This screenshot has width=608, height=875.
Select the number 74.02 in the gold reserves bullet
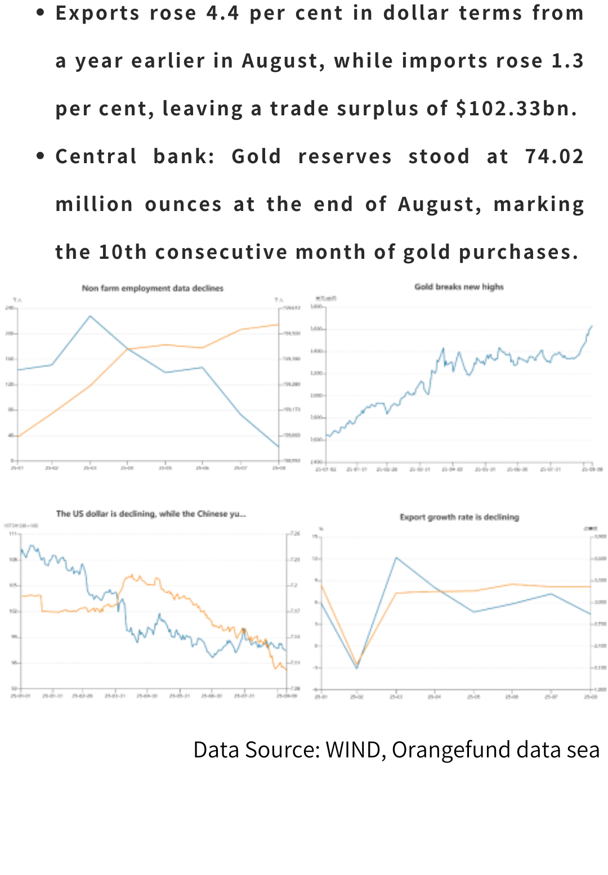point(555,156)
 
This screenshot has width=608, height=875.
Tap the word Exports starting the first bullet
point(97,13)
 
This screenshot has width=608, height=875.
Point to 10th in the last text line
point(123,252)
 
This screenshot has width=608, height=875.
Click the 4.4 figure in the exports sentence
point(223,13)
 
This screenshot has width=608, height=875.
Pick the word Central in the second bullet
point(96,156)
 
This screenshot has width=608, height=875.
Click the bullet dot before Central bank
point(40,156)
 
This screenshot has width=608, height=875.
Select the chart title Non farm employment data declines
point(153,288)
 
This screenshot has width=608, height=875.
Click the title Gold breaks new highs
point(459,286)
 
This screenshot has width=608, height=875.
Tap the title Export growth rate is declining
point(459,517)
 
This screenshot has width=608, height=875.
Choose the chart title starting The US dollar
point(150,513)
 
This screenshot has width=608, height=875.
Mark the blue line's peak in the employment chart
point(90,316)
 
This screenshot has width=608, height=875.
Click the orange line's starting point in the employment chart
point(18,437)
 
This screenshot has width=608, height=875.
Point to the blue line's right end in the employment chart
point(278,447)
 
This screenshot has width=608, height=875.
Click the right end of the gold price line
point(592,326)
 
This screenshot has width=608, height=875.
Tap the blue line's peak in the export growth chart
point(396,558)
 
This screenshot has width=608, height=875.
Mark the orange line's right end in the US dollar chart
point(287,670)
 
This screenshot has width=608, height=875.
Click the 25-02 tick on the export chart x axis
point(357,697)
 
